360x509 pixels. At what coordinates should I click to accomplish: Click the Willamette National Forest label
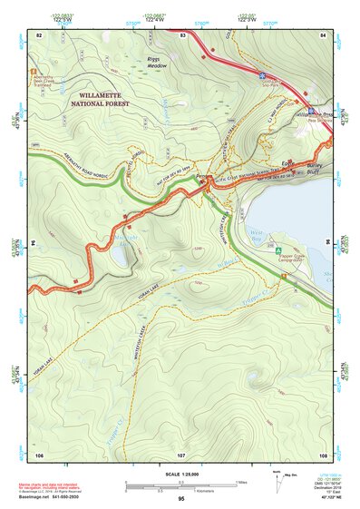[x=90, y=99]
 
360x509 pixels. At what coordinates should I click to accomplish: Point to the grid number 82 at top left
[x=38, y=34]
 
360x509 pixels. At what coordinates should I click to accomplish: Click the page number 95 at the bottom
[x=181, y=499]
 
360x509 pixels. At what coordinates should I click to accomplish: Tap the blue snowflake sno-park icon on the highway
[x=261, y=77]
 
